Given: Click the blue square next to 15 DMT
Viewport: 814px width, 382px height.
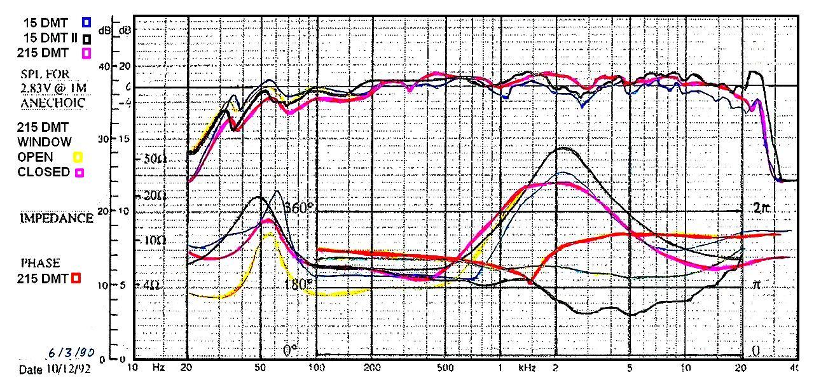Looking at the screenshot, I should click(86, 22).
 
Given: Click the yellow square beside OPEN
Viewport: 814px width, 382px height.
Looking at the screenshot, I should click(79, 157).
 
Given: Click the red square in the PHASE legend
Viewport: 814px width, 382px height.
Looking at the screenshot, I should click(76, 278).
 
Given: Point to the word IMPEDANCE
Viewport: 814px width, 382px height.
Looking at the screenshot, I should click(56, 218).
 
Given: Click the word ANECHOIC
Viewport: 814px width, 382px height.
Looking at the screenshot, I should click(53, 103).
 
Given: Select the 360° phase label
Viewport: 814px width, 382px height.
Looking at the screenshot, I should click(299, 207).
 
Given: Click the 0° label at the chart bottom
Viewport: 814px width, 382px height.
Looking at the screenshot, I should click(291, 350).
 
